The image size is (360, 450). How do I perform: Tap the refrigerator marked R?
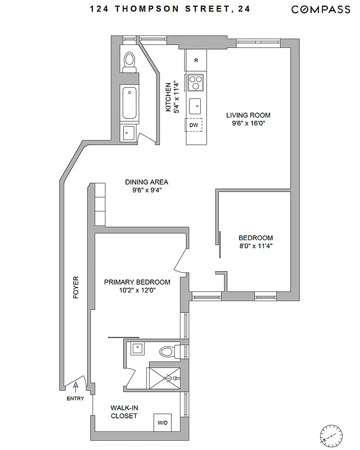[196, 60]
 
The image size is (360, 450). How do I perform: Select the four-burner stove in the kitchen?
[196, 82]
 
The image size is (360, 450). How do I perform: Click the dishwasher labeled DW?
[194, 124]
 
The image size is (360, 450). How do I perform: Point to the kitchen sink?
[196, 105]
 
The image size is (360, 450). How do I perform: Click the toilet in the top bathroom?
[129, 60]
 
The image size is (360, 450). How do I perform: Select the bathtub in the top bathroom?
[129, 103]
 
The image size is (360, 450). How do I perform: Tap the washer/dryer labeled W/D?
[163, 422]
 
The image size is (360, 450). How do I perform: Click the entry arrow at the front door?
[75, 386]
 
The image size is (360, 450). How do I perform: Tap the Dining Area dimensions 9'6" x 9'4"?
[146, 191]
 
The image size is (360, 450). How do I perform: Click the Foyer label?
[76, 287]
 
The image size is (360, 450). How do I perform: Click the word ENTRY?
[75, 399]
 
